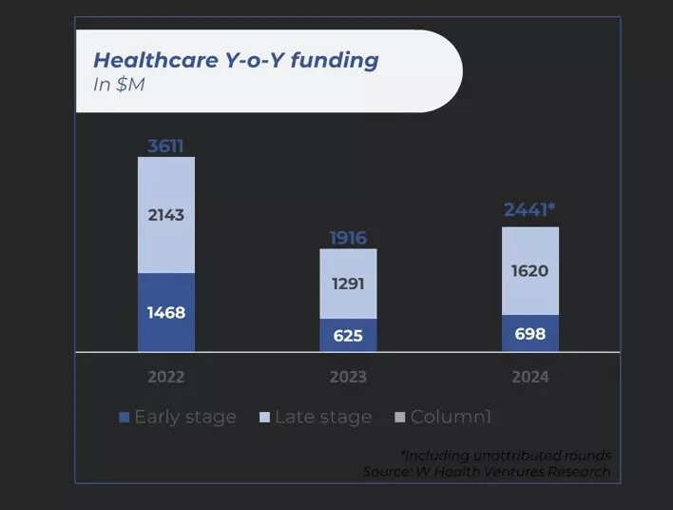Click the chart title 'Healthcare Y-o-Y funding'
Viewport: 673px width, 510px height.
click(235, 60)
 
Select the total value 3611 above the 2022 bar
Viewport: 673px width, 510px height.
click(165, 146)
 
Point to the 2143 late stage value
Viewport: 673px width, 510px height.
click(165, 215)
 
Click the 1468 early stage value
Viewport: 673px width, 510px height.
click(165, 312)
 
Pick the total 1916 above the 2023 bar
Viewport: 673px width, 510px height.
click(348, 238)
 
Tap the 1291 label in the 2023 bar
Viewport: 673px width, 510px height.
click(348, 284)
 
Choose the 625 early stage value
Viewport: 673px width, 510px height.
click(348, 335)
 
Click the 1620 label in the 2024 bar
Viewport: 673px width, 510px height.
click(530, 271)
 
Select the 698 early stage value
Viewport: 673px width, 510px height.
click(530, 333)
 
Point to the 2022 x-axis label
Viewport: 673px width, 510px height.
click(165, 377)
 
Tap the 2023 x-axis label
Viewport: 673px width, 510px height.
click(348, 377)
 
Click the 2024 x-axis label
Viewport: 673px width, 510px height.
click(530, 377)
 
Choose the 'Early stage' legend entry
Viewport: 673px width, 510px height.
click(184, 417)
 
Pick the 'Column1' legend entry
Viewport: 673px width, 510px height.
click(451, 417)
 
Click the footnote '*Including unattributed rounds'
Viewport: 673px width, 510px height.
click(506, 455)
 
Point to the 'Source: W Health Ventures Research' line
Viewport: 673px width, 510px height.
click(486, 471)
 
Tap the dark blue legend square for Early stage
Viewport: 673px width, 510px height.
click(124, 418)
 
